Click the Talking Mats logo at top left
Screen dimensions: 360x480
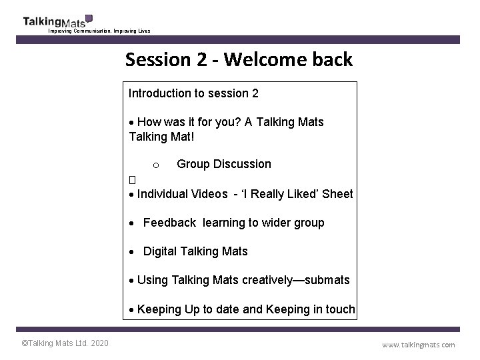(57, 21)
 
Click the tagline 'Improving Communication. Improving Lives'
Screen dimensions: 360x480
(99, 31)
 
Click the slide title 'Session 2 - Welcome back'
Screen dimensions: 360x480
(239, 60)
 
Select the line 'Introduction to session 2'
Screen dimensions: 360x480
(193, 93)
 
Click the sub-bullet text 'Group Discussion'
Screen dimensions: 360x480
(224, 164)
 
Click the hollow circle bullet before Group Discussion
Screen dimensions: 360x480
(155, 165)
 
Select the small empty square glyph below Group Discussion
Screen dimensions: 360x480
(132, 180)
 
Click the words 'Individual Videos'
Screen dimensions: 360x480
(182, 194)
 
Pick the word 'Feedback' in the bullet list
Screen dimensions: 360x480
(169, 223)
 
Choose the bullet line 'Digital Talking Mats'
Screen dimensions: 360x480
(195, 251)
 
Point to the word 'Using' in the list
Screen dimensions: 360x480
(152, 280)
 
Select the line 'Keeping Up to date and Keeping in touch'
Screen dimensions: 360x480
(245, 309)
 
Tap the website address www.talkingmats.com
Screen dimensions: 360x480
(418, 345)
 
